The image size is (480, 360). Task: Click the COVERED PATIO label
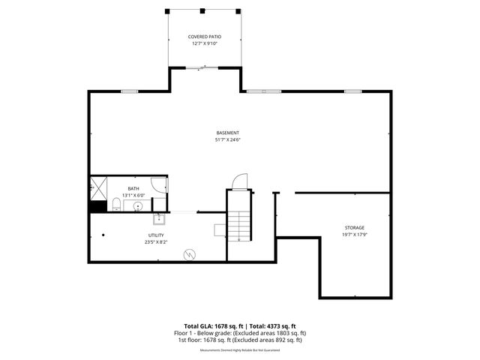click(203, 36)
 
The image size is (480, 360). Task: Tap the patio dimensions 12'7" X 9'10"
click(203, 43)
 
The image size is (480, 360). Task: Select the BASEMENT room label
click(226, 133)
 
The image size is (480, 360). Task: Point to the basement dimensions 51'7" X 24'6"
click(226, 139)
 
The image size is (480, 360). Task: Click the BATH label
click(133, 188)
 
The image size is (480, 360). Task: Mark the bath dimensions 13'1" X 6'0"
click(133, 195)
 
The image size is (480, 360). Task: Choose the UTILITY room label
click(155, 235)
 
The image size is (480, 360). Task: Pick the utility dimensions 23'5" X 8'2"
click(155, 242)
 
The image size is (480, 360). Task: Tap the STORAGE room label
click(355, 227)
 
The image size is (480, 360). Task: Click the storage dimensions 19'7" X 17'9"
click(355, 234)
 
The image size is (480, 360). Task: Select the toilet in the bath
click(115, 205)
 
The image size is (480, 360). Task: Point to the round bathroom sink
click(137, 205)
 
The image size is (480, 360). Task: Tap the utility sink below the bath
click(159, 219)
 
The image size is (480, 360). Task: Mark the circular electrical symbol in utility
click(190, 253)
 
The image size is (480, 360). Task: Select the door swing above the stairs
click(238, 181)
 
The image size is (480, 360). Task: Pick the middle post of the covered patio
click(203, 10)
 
